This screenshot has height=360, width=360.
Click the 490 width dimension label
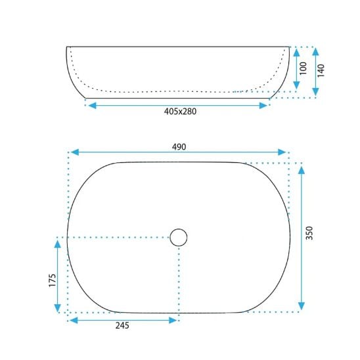click(x=179, y=147)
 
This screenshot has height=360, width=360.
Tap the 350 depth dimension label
click(x=309, y=233)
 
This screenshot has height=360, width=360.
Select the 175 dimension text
click(x=53, y=280)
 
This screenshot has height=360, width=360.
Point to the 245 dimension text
click(x=122, y=325)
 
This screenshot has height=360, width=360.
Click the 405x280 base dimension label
click(x=180, y=112)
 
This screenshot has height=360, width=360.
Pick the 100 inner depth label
click(x=304, y=68)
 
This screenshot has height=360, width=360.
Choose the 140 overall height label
click(x=321, y=70)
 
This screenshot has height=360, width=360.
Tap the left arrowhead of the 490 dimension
click(x=75, y=152)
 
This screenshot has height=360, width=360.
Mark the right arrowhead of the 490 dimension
click(x=282, y=152)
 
